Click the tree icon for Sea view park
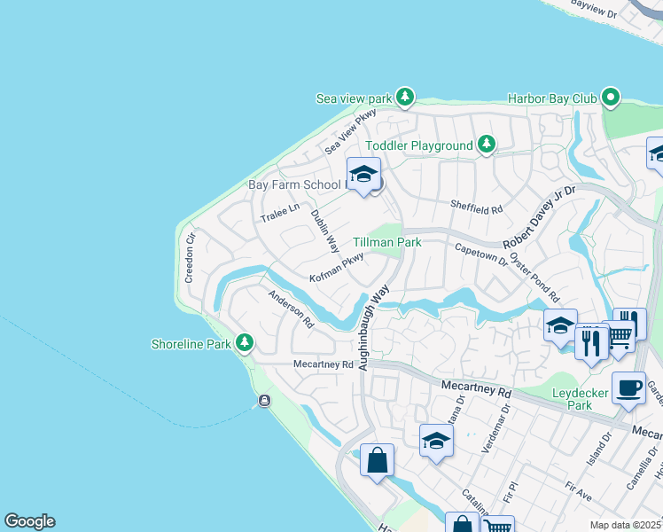[x=405, y=96]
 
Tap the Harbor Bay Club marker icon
[x=610, y=96]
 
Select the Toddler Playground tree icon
[x=486, y=144]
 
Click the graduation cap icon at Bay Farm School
[x=363, y=175]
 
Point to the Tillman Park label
[x=386, y=242]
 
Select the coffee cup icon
[x=628, y=388]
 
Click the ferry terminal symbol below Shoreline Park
[x=263, y=402]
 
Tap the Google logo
[x=29, y=521]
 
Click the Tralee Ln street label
[x=281, y=213]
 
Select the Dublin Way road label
[x=324, y=229]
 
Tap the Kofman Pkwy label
[x=336, y=268]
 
